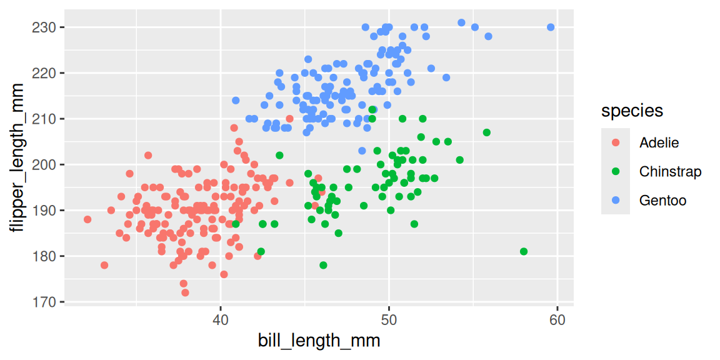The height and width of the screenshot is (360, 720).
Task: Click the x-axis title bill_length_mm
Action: pos(319,341)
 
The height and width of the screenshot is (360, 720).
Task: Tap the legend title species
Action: pos(632,111)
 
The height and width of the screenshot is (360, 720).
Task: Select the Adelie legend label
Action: pos(659,142)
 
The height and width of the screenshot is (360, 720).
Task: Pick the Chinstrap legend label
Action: pos(670,171)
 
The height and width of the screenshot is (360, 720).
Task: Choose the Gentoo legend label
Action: pos(662,201)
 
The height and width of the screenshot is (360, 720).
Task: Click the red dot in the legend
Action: pos(616,142)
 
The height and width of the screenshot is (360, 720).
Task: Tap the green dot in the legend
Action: pos(616,171)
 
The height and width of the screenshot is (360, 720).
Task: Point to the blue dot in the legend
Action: pos(616,201)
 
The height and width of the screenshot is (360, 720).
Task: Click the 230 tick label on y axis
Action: pos(45,27)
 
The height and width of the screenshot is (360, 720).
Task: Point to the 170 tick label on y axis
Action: pos(45,302)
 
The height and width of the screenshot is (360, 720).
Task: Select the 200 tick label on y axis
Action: pos(45,164)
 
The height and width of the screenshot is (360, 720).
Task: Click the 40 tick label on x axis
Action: pos(220,321)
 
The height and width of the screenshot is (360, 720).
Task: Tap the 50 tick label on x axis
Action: pos(389,321)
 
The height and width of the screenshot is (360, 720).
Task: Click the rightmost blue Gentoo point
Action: pos(551,27)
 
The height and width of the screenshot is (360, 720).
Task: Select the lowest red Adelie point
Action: pos(185,292)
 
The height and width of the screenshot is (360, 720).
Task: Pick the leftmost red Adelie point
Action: pos(87,219)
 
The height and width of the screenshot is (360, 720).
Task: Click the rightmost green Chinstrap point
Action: pos(524,251)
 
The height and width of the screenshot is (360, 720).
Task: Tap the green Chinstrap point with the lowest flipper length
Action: pos(323,265)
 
